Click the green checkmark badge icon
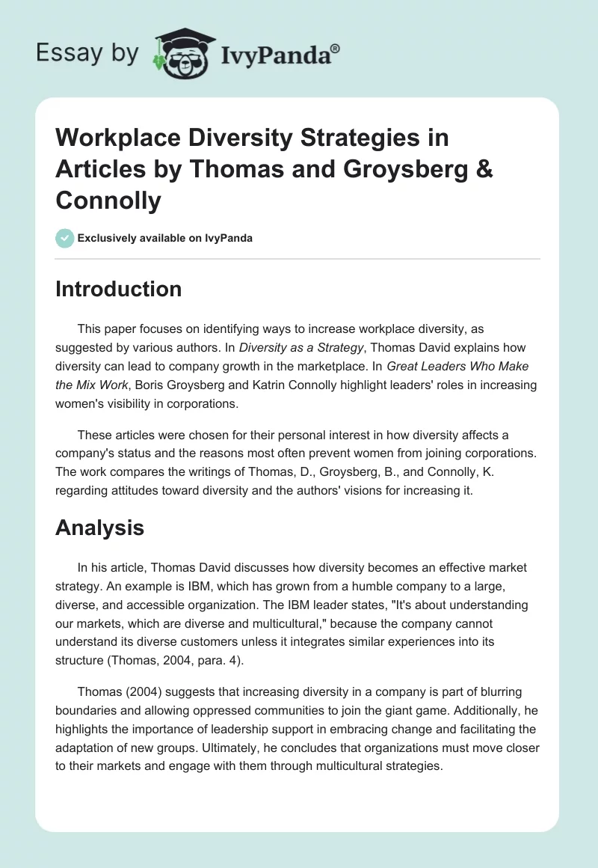pyautogui.click(x=64, y=238)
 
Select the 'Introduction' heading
pyautogui.click(x=118, y=289)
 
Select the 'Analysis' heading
pyautogui.click(x=99, y=528)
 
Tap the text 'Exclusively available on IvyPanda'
pyautogui.click(x=164, y=238)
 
